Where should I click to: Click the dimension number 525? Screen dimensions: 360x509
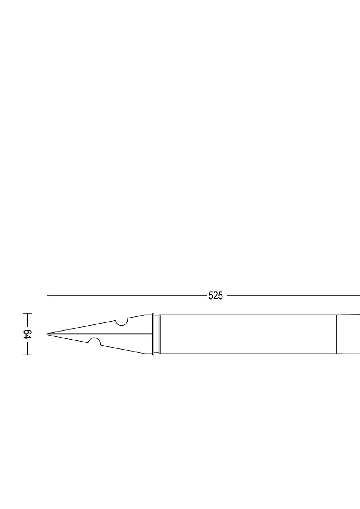click(x=216, y=296)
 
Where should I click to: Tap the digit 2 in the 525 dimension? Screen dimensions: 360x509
click(x=216, y=296)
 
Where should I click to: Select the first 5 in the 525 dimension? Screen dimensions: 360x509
click(x=211, y=296)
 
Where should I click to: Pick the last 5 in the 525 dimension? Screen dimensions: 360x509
click(x=220, y=296)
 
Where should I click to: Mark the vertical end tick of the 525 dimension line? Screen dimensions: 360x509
click(x=47, y=295)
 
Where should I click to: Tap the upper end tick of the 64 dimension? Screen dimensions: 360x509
click(x=27, y=313)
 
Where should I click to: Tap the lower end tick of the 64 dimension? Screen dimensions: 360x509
click(x=27, y=355)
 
